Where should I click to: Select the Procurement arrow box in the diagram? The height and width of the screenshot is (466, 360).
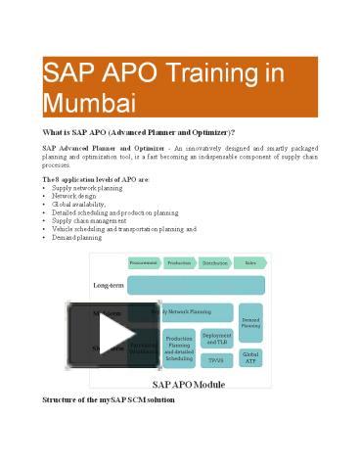[144, 262]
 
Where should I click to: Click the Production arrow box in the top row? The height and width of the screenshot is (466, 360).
[179, 262]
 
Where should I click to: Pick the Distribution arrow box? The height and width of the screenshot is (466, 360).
[214, 262]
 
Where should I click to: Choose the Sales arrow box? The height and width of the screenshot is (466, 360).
[249, 262]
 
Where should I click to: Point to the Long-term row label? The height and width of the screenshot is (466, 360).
[108, 285]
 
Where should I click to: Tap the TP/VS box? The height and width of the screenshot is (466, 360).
[216, 360]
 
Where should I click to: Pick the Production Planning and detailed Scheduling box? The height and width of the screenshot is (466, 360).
[179, 349]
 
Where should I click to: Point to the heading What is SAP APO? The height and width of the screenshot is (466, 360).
[138, 131]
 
